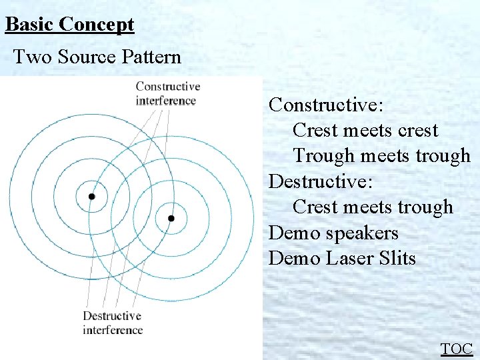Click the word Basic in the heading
(x=29, y=25)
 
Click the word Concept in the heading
(x=96, y=25)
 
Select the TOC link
(x=457, y=349)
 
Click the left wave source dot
(x=92, y=197)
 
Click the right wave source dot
(x=171, y=218)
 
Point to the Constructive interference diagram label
(x=167, y=94)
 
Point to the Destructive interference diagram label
(x=113, y=323)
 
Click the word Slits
(x=399, y=258)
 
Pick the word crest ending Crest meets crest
(x=417, y=131)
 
